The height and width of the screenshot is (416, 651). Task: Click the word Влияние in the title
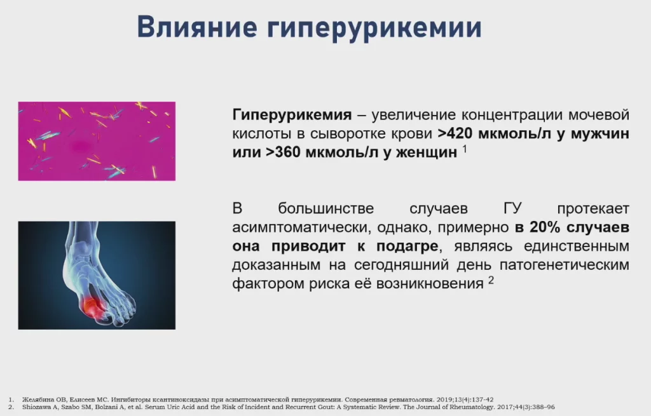coord(197,27)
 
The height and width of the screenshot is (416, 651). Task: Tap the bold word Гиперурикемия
coord(292,115)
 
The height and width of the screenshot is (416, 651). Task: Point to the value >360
coord(283,152)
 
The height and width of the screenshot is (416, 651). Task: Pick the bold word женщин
coord(427,153)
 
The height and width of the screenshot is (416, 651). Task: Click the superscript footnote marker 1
coord(465,149)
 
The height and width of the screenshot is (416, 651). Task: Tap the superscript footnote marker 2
coord(491,280)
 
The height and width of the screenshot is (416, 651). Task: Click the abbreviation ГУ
coord(512,208)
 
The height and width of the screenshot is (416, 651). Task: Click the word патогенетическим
coord(565,265)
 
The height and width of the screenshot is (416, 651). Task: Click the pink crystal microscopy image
coord(97,141)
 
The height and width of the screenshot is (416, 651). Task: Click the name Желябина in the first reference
coord(38,400)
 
